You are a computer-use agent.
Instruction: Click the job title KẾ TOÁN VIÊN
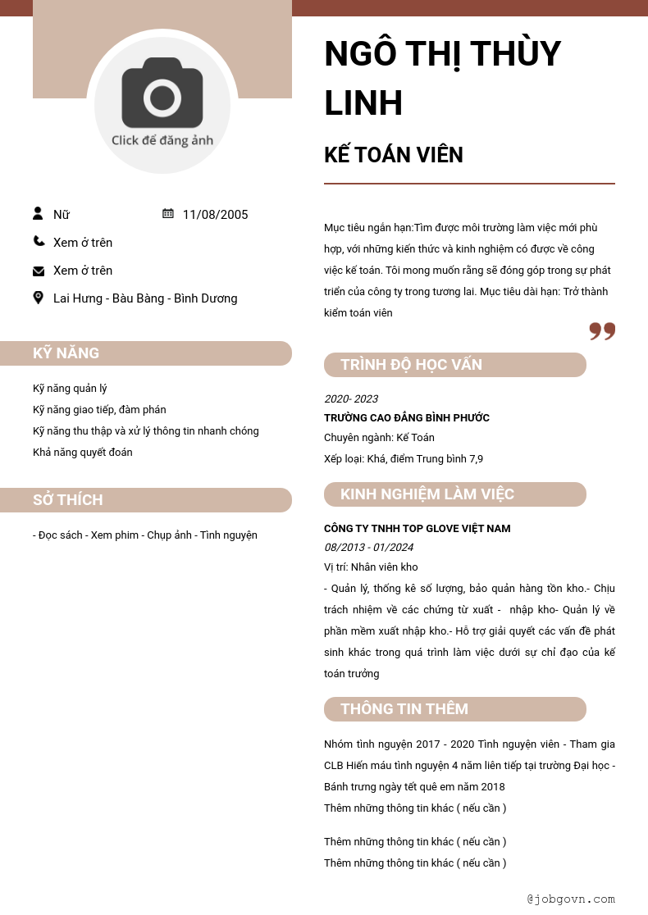[394, 155]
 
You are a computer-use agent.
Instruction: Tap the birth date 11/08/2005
[215, 215]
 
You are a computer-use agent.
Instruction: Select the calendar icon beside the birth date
[168, 214]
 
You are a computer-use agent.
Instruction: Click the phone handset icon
[39, 242]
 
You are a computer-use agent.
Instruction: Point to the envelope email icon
[39, 271]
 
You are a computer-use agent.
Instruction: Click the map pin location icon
[39, 298]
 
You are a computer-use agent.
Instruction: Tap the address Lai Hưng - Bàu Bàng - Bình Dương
[145, 298]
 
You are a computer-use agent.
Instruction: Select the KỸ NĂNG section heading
[66, 353]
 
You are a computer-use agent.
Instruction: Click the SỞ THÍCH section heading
[68, 500]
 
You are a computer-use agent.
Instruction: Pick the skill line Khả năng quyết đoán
[83, 453]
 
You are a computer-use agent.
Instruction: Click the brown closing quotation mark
[602, 331]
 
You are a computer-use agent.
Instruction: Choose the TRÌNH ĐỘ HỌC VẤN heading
[412, 365]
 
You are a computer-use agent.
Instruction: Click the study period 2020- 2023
[351, 399]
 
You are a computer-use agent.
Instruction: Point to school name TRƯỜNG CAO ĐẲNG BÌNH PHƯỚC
[407, 418]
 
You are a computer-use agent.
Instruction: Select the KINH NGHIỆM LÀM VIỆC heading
[427, 494]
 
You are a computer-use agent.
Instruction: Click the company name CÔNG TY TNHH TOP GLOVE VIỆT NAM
[418, 529]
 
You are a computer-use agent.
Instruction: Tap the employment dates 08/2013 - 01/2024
[369, 548]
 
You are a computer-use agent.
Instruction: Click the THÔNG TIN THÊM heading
[404, 709]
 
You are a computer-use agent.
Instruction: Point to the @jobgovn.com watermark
[571, 899]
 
